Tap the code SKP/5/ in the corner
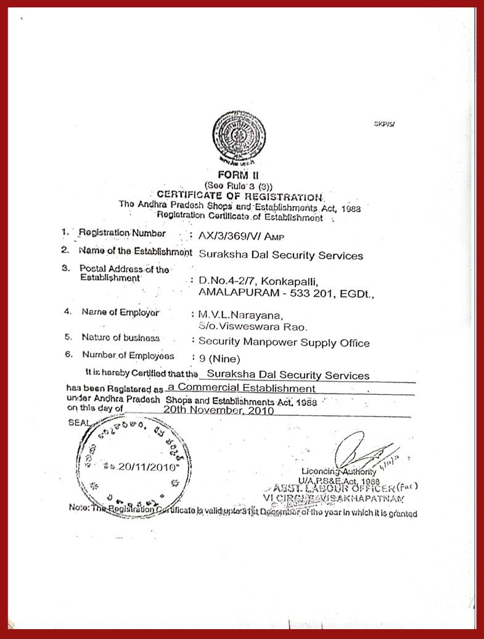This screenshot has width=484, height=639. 384,124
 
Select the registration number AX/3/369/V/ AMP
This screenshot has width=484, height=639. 235,235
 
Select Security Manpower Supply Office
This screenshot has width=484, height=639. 284,342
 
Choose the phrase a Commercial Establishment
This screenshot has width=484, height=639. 242,389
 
